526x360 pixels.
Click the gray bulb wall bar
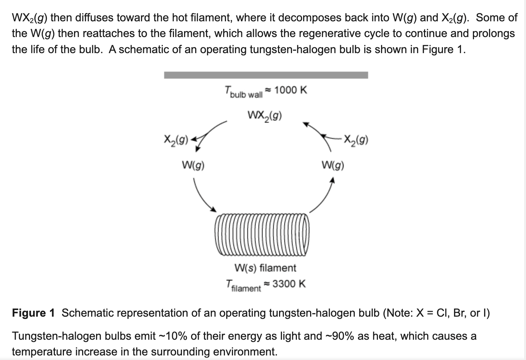(266, 75)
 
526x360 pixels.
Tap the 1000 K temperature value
(291, 90)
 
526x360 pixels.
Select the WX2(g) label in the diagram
(265, 116)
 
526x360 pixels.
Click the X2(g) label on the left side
(176, 140)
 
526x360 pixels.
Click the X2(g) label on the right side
(356, 140)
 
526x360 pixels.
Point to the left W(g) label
(193, 165)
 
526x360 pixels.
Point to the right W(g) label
(333, 165)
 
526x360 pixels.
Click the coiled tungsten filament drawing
(262, 235)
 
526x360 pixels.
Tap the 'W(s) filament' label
(265, 268)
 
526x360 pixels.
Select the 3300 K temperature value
(289, 284)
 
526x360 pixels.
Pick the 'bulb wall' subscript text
(246, 95)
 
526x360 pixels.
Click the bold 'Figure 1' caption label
(33, 313)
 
